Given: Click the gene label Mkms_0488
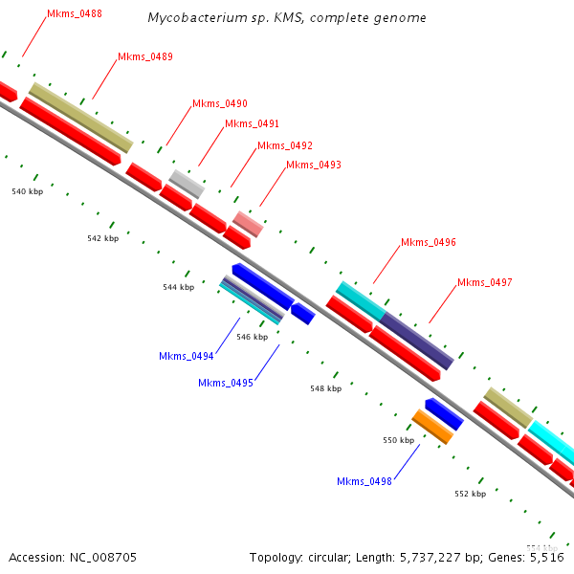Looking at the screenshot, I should point(75,14).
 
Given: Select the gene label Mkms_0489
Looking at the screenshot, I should point(145,57).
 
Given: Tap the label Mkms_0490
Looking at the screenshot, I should point(220,103).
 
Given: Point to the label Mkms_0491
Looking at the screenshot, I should point(253,124).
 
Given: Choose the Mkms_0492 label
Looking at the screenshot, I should point(285,145).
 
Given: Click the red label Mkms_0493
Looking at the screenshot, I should point(314,165).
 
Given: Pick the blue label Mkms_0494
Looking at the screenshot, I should point(187,356).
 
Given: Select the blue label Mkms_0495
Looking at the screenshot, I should point(226,383).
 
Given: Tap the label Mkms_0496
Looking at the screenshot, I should point(429,243).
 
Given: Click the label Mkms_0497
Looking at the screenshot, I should point(485,282).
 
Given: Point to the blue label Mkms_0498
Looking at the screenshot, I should point(364,481).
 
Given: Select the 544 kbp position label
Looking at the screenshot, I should point(178,287).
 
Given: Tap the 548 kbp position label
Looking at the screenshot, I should point(325,389).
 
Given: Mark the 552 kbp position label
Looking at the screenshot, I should point(470,494).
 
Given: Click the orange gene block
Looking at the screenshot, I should point(432,427).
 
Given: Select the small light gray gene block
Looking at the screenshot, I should point(187,183).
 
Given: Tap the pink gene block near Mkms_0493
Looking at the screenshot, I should point(248,225).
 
